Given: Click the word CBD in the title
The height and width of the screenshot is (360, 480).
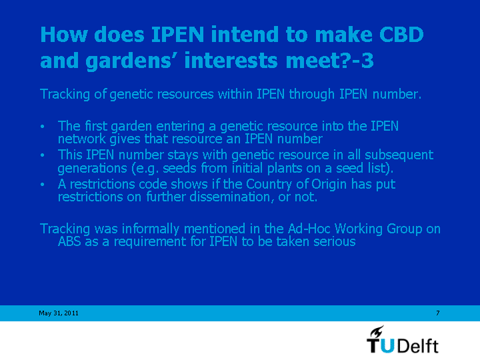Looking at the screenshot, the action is point(401,34).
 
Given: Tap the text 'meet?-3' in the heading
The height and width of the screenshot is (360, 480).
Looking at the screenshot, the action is point(329,60).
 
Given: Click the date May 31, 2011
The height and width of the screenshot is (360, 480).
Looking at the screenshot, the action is point(59,313).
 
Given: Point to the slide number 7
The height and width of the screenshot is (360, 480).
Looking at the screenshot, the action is point(438,313).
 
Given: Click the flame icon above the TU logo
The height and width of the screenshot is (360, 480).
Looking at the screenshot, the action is point(377,331).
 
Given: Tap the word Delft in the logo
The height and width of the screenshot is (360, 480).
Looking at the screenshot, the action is point(418,345).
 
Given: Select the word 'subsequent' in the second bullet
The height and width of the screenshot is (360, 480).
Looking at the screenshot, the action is point(399,155).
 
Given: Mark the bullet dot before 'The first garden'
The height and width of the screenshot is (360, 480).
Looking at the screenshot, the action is point(43,126).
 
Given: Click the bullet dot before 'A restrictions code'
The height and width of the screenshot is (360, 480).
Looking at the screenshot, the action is point(43,184).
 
